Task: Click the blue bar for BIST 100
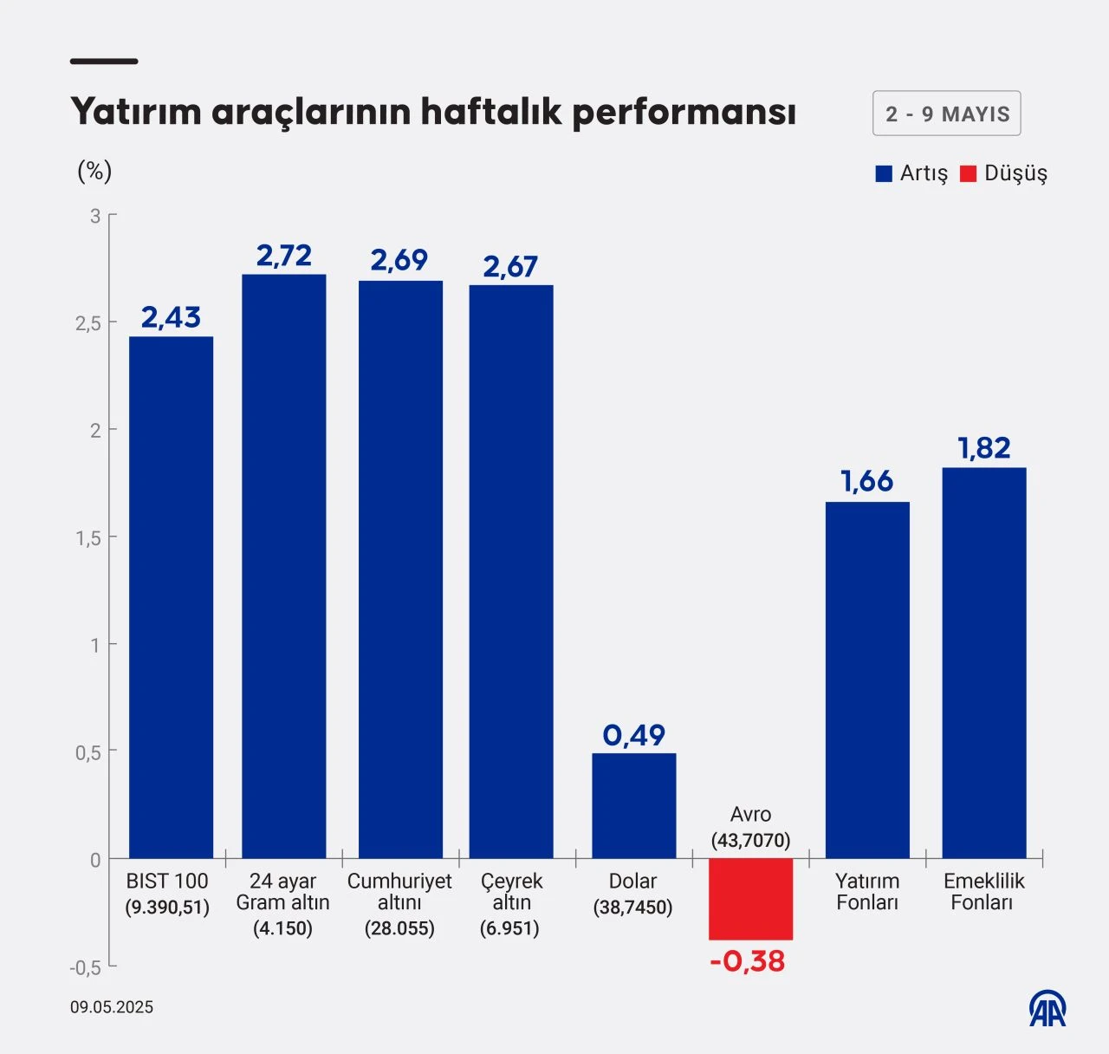[171, 597]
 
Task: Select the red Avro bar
[750, 899]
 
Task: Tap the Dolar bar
[633, 805]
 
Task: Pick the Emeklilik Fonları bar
[983, 663]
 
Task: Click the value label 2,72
[283, 256]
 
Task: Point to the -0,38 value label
[747, 961]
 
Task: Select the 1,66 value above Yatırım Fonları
[866, 481]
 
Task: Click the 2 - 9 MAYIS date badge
[946, 114]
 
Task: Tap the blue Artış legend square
[884, 173]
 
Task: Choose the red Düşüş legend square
[969, 173]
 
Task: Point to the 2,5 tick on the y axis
[88, 323]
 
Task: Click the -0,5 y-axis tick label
[86, 967]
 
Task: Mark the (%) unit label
[94, 171]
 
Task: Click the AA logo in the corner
[1047, 1008]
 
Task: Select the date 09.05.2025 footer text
[112, 1007]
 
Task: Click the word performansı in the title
[684, 112]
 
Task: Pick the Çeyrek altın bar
[511, 571]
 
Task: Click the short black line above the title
[104, 62]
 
